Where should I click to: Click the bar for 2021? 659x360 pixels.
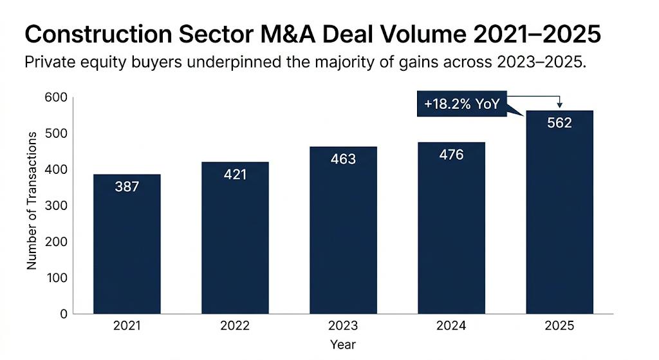pyautogui.click(x=127, y=245)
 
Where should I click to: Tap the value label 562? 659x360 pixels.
pyautogui.click(x=559, y=122)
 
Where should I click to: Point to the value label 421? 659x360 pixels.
pyautogui.click(x=235, y=174)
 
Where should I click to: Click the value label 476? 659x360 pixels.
pyautogui.click(x=451, y=155)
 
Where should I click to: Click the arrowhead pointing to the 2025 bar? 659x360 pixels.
pyautogui.click(x=559, y=106)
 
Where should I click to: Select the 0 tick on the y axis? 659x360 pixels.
pyautogui.click(x=63, y=314)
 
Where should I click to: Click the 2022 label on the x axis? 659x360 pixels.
pyautogui.click(x=235, y=326)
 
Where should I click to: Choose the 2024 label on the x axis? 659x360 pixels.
pyautogui.click(x=451, y=326)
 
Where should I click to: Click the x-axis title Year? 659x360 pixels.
pyautogui.click(x=343, y=345)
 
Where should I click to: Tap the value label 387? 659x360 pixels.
pyautogui.click(x=127, y=186)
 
